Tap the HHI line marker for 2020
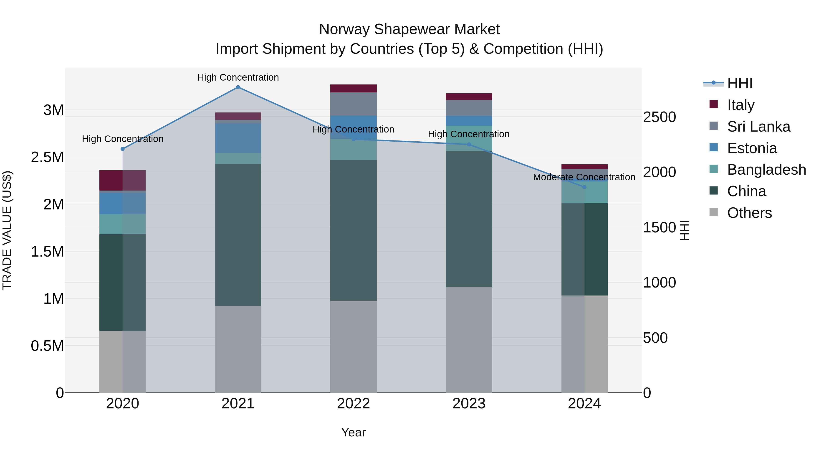point(123,149)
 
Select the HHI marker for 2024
point(584,187)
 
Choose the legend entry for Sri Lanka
point(758,127)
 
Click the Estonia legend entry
point(752,148)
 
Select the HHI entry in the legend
point(740,83)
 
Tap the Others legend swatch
point(713,212)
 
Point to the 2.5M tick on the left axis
point(47,157)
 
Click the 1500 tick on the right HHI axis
point(659,227)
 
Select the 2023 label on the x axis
point(469,404)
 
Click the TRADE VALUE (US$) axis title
point(7,230)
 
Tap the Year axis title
point(353,432)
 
